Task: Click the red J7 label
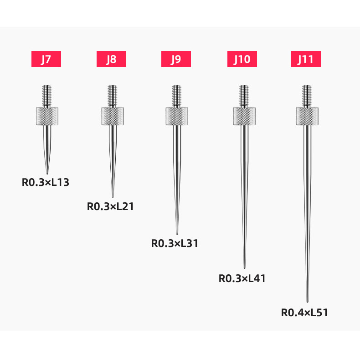pyautogui.click(x=46, y=59)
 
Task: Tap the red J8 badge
pyautogui.click(x=111, y=59)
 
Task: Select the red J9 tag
pyautogui.click(x=176, y=59)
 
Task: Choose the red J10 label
pyautogui.click(x=242, y=59)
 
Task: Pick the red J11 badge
pyautogui.click(x=306, y=59)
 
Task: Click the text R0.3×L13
pyautogui.click(x=46, y=182)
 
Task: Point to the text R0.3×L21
pyautogui.click(x=110, y=206)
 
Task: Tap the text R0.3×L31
pyautogui.click(x=175, y=243)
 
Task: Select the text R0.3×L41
pyautogui.click(x=242, y=278)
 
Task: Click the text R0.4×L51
pyautogui.click(x=305, y=313)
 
